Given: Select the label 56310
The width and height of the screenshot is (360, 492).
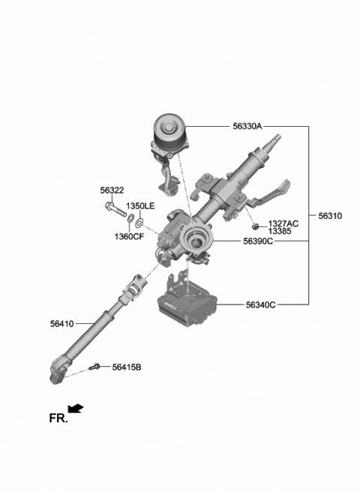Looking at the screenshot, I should tap(329, 216).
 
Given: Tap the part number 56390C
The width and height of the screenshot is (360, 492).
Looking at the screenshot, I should tap(257, 241).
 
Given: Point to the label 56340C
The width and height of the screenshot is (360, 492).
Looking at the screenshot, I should tap(260, 304).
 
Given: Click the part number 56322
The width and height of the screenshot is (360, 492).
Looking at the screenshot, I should tap(112, 191).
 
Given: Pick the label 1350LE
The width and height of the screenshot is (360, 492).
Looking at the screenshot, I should tap(139, 205).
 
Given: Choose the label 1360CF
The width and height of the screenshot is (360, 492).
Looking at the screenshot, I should tap(129, 235).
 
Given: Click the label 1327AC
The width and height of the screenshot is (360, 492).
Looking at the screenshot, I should tap(283, 223).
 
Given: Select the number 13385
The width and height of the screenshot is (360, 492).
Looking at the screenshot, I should tap(280, 232).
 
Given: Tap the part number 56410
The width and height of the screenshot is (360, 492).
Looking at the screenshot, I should tap(63, 324).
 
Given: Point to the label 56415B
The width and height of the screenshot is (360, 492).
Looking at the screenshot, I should tap(127, 367).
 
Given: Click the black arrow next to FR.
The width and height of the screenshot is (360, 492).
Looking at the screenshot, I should tap(75, 409).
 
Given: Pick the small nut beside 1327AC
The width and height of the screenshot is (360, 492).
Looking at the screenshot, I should tap(256, 225).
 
